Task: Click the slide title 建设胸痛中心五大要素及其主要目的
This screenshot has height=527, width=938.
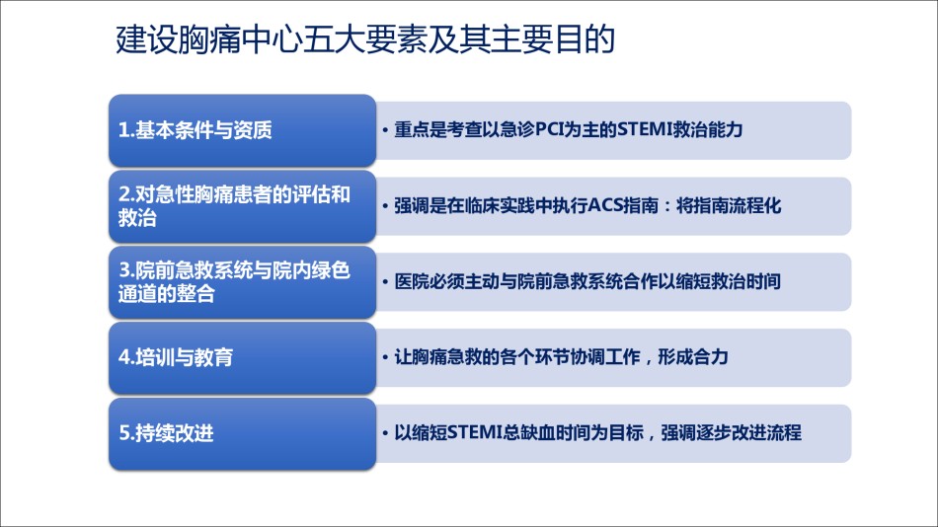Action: [365, 39]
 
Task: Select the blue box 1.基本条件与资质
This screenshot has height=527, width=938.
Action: [242, 130]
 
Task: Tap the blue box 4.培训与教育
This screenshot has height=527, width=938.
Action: [242, 357]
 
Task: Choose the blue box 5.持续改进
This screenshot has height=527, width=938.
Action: [242, 433]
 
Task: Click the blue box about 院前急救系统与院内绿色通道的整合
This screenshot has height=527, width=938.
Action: [242, 281]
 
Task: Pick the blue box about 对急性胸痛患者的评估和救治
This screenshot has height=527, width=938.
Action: [242, 206]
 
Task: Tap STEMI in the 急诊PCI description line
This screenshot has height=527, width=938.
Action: [645, 129]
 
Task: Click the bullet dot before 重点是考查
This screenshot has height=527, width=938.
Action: [385, 130]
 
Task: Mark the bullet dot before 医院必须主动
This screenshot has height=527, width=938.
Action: [385, 281]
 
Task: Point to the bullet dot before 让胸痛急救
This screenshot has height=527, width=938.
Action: [385, 357]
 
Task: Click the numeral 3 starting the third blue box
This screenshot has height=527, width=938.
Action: [123, 270]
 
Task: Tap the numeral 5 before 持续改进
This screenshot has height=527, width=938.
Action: [123, 433]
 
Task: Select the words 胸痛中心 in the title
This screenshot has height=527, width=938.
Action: [241, 39]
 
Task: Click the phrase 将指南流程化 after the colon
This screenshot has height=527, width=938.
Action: [729, 206]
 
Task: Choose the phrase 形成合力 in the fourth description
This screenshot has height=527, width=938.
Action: [693, 357]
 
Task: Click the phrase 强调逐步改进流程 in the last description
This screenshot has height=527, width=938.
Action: [731, 432]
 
